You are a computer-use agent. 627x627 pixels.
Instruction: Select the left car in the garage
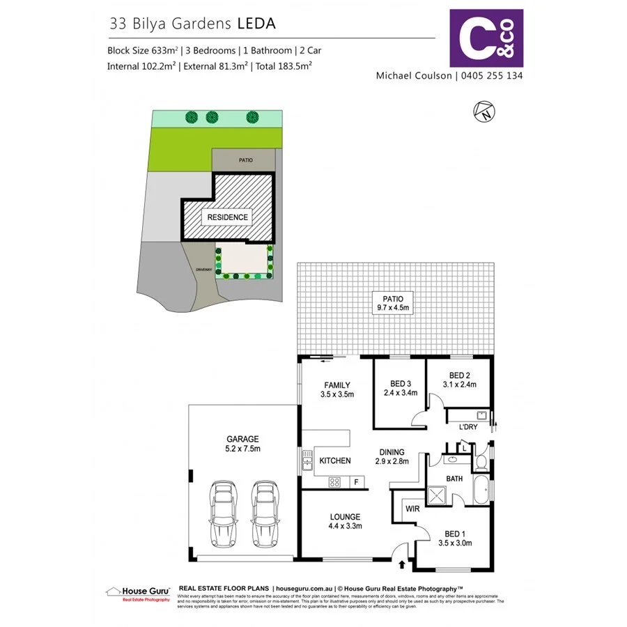pos(222,514)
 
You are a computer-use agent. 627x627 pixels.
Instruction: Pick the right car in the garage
pos(264,514)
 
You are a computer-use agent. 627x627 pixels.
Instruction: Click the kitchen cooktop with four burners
pos(334,481)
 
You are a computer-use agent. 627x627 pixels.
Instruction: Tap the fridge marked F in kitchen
pos(356,481)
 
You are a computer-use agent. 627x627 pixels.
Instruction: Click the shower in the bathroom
pos(438,497)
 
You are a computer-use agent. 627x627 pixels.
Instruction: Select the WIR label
pos(411,510)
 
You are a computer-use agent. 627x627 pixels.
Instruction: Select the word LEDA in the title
pos(256,23)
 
